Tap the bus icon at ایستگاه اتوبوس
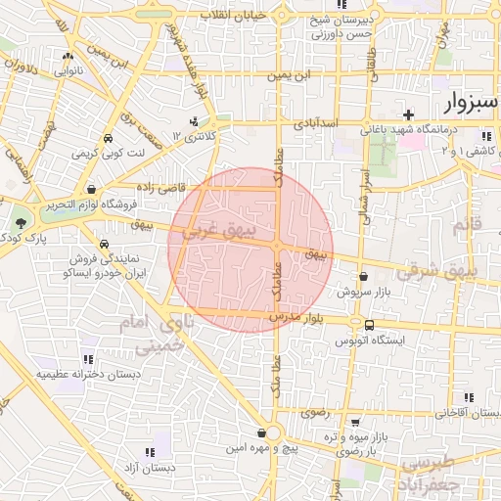pos(369,325)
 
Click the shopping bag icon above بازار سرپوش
pos(363,277)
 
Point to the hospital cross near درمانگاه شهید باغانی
pos(407,114)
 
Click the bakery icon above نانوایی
pos(67,56)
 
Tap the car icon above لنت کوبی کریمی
pos(107,138)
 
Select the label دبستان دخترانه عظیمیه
pos(88,374)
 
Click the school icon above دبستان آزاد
pos(150,452)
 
